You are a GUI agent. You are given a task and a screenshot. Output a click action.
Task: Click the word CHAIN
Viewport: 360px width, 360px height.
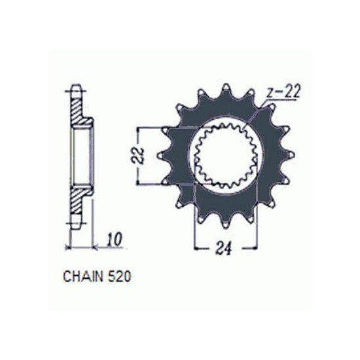(83, 276)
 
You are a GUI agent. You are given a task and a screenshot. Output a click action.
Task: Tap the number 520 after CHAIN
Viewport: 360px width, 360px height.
(119, 276)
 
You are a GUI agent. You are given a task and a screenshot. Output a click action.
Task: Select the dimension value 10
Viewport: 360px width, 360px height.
(115, 240)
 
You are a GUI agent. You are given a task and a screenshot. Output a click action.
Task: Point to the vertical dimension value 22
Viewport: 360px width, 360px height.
(140, 155)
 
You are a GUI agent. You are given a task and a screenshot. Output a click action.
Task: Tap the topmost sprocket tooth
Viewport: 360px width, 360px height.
(226, 88)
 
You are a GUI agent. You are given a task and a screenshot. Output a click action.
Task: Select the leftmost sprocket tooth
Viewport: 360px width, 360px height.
(162, 155)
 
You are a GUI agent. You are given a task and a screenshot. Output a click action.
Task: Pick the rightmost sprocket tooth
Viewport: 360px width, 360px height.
(290, 155)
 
